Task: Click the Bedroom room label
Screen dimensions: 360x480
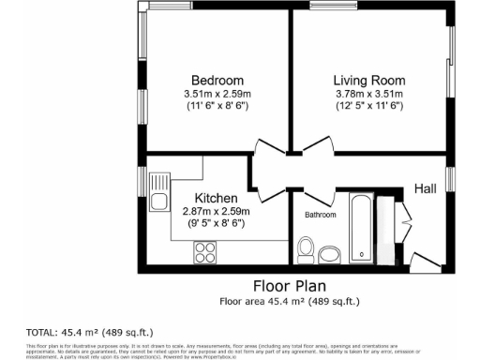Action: tap(217, 80)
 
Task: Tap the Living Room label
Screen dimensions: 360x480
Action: tap(368, 80)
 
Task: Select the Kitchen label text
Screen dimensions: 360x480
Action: tap(216, 199)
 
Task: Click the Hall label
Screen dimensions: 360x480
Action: tap(426, 189)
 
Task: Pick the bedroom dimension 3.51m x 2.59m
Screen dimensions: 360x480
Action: tap(217, 94)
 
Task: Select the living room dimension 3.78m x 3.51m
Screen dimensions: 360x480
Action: tap(368, 94)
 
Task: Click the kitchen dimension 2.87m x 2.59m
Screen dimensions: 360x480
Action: tap(216, 213)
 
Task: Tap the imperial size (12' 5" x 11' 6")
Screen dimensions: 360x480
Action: tap(368, 107)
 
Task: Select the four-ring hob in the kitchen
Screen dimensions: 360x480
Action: tap(204, 251)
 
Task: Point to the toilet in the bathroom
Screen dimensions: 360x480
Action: tap(305, 249)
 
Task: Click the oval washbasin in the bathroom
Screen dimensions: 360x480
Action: tap(329, 254)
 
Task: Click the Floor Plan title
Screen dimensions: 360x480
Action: tap(289, 285)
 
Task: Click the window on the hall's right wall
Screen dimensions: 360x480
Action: tap(450, 178)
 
